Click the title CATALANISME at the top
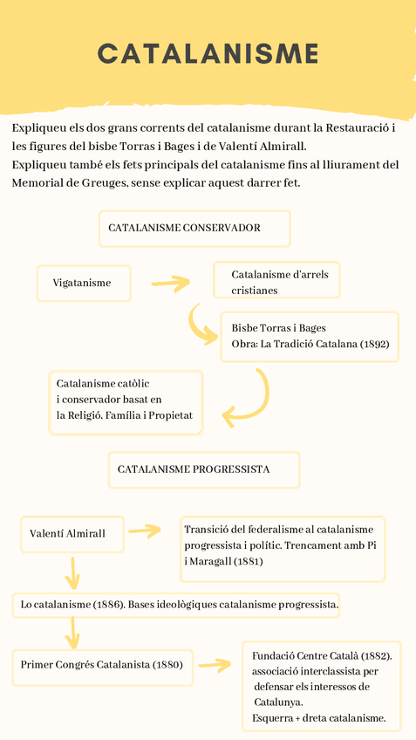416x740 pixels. [208, 54]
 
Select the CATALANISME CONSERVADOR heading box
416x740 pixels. [194, 228]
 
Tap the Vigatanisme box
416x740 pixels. [84, 283]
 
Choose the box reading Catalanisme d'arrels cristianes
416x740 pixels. [276, 281]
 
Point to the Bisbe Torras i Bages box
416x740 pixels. [310, 336]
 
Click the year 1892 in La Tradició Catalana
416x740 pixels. [374, 345]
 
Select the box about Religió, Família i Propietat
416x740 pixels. [126, 402]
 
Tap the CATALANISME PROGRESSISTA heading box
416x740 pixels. [203, 469]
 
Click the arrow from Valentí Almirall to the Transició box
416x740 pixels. [144, 531]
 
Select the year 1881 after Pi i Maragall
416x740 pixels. [249, 561]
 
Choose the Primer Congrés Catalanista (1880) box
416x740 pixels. [103, 665]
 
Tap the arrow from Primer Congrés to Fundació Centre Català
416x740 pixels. [214, 665]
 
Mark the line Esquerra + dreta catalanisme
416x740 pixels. [319, 718]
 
